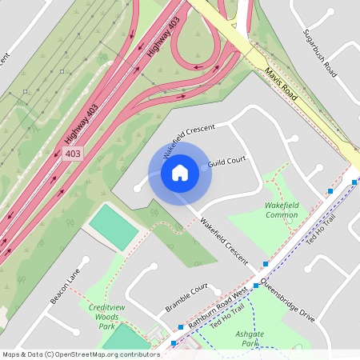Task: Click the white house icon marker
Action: coord(180,172)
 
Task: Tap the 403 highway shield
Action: coord(73,153)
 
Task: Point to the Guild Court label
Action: coord(226,163)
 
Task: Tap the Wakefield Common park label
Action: coord(281,210)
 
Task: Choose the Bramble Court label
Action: coord(186,298)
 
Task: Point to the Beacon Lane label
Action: coord(66,286)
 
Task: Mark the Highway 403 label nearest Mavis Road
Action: coord(164,35)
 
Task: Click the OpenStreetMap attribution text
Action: coord(80,354)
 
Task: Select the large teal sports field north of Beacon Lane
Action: coord(113,226)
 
